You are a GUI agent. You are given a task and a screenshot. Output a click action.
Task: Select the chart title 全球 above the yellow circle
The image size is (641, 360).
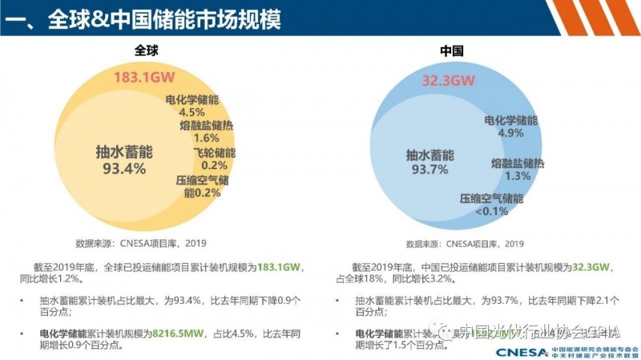click(x=147, y=51)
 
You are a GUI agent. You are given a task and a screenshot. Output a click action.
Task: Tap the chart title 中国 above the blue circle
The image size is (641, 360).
click(x=452, y=51)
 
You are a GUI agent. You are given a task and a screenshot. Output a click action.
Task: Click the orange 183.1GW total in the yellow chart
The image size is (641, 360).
click(x=143, y=78)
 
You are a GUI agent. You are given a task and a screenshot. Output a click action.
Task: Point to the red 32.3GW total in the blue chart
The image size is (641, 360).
click(x=449, y=80)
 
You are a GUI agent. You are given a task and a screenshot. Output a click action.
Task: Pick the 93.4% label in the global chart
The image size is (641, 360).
click(x=124, y=168)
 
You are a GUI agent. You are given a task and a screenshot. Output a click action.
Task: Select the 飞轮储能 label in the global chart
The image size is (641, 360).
click(x=214, y=152)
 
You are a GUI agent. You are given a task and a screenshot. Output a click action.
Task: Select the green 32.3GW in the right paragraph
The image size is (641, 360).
click(x=592, y=266)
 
